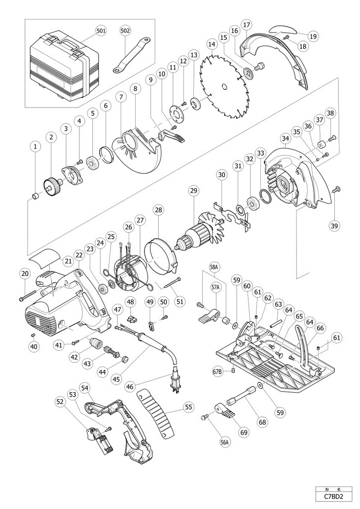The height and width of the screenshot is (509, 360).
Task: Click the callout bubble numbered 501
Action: tap(101, 31)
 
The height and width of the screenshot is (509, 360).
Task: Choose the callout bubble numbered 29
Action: tap(194, 191)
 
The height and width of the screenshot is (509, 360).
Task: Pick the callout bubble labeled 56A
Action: tap(224, 441)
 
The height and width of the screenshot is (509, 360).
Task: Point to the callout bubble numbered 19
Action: tap(313, 36)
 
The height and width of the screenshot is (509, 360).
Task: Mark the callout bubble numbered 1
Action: tap(36, 146)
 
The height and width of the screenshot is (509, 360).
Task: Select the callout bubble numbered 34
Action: tap(286, 139)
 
